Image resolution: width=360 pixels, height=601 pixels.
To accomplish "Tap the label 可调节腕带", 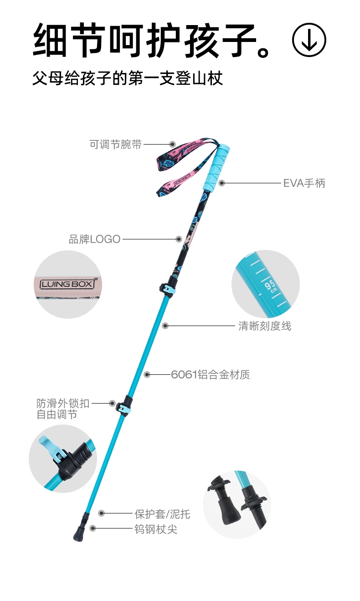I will [115, 145].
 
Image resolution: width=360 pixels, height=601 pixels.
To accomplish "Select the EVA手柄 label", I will [304, 183].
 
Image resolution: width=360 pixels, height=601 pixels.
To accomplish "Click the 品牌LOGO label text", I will [94, 239].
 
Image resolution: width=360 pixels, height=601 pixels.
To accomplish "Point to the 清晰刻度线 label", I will [265, 326].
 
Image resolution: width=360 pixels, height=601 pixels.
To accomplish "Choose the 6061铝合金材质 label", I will [211, 375].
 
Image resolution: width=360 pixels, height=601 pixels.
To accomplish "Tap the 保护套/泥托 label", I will [162, 514].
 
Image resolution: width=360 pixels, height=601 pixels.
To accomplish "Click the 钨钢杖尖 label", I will [155, 529].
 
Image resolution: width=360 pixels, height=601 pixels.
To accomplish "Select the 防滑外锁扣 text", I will [63, 403].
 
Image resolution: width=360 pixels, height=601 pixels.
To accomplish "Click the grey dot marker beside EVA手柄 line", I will [222, 183].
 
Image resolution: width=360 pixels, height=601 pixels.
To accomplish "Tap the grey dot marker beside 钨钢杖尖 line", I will [93, 528].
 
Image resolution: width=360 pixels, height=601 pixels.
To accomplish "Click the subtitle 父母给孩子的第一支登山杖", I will [128, 78].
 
